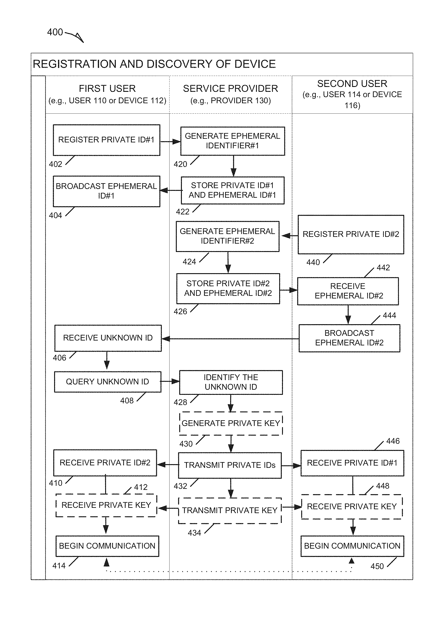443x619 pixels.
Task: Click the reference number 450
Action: (377, 566)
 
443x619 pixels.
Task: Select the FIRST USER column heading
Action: (107, 89)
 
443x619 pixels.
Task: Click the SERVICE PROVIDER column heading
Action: (231, 89)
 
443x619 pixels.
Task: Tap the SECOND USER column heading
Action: (352, 83)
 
